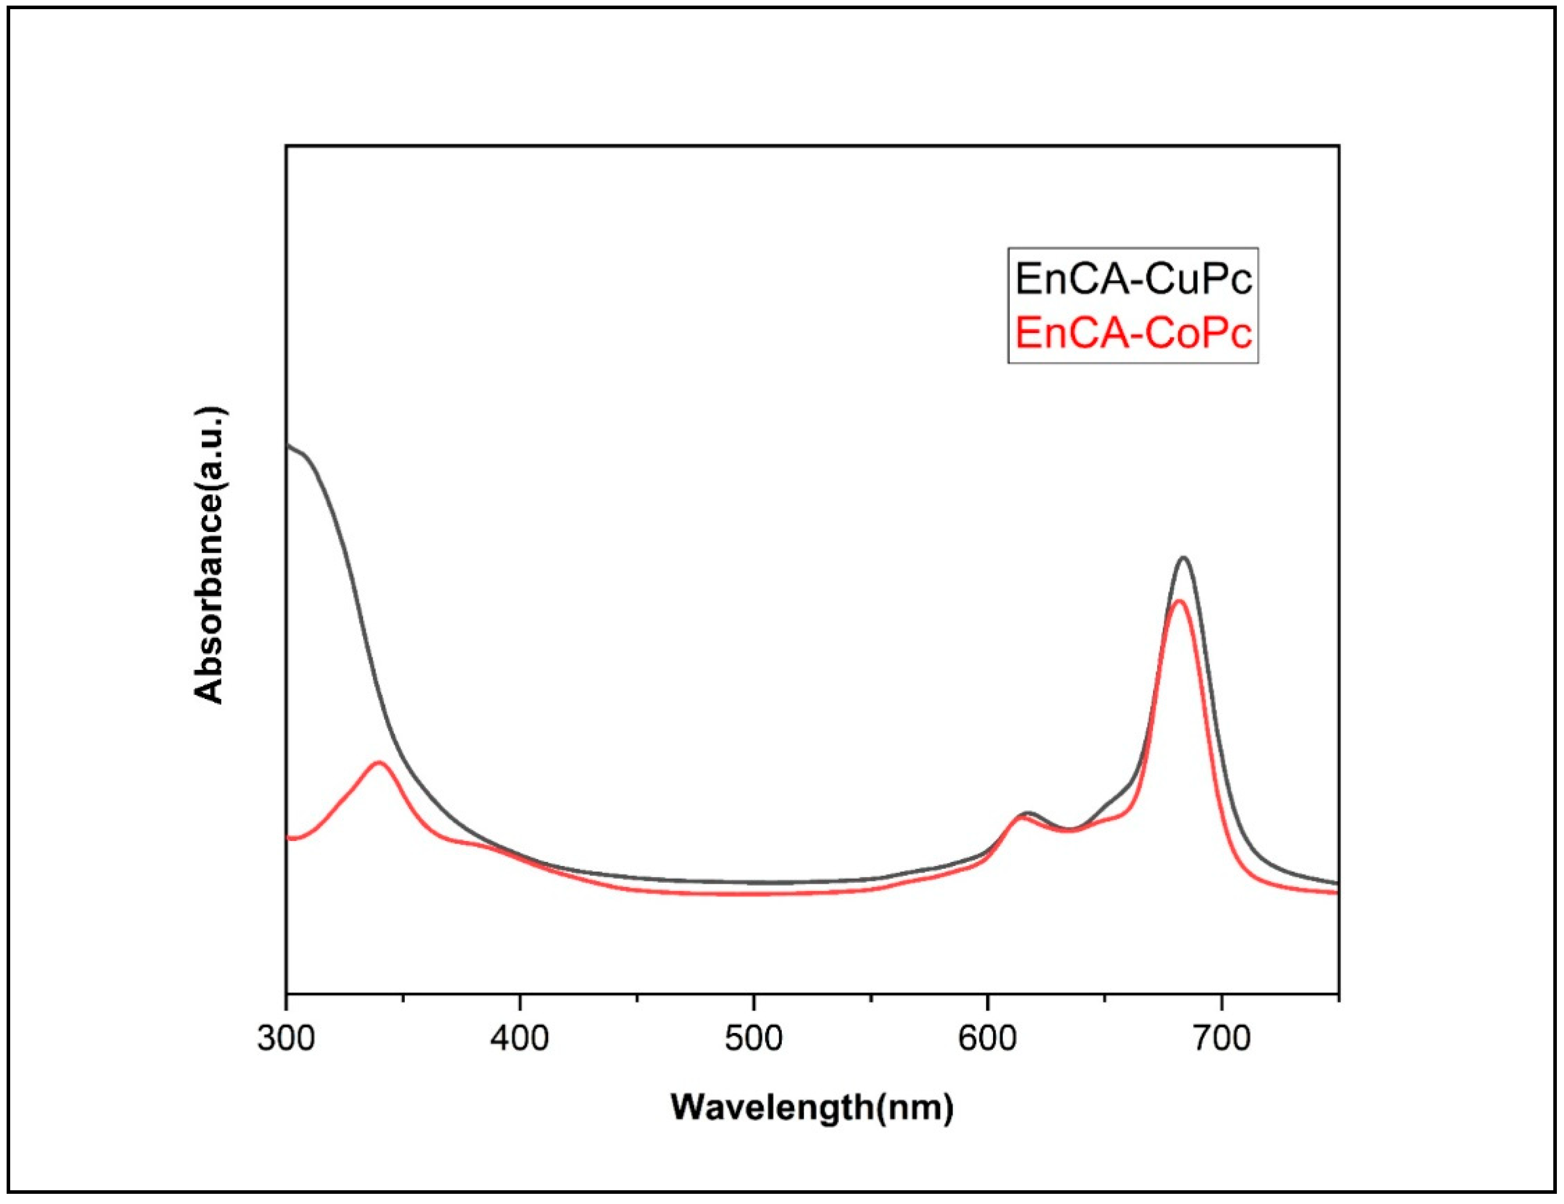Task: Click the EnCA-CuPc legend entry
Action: (1134, 280)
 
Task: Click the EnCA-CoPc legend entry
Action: (1134, 333)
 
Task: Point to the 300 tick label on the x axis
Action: (286, 1039)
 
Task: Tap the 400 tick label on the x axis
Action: (520, 1039)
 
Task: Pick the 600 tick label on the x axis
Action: (988, 1039)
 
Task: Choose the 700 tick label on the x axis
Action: (1222, 1039)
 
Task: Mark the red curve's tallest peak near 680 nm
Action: (1178, 600)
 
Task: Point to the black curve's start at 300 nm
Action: (287, 445)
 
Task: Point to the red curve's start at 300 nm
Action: (287, 837)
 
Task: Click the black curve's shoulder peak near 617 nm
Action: (1028, 813)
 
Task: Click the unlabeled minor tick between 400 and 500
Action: (637, 998)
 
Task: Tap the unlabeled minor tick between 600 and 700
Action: (1105, 998)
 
